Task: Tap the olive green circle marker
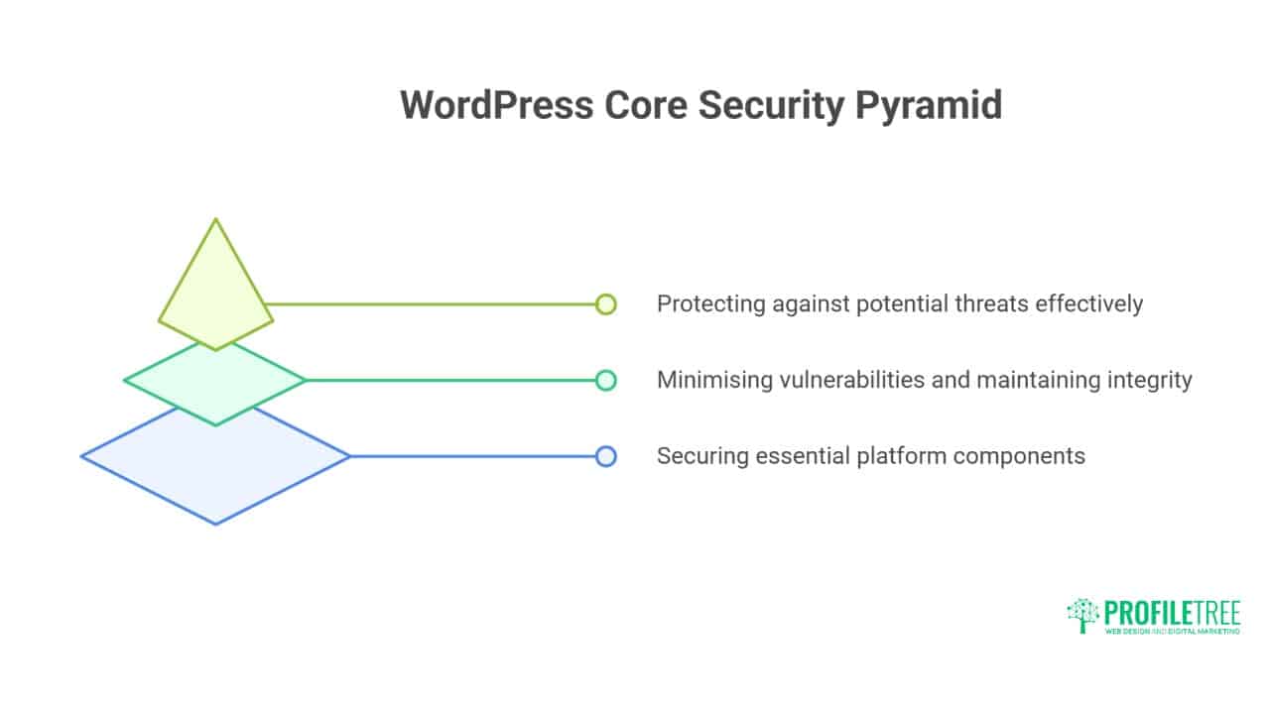point(606,304)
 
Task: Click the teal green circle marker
point(606,380)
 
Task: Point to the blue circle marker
point(606,456)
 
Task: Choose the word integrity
point(1152,380)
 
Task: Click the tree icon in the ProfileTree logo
point(1082,616)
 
